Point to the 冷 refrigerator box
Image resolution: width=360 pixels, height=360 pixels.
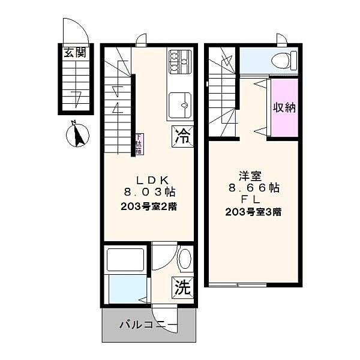tap(182, 136)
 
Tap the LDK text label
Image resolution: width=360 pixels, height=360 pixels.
tap(154, 179)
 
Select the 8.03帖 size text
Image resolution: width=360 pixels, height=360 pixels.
tap(154, 192)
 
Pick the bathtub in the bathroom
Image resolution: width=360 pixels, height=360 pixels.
tap(125, 259)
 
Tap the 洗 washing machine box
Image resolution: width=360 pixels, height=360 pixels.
tap(182, 287)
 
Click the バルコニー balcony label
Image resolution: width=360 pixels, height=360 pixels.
tap(148, 326)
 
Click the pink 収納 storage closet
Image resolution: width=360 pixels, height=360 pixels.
tap(285, 108)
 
